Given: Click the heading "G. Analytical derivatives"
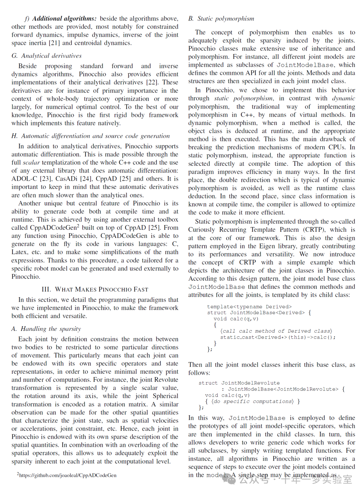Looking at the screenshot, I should [47, 56].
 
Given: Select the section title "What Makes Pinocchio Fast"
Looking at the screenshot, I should [95, 289].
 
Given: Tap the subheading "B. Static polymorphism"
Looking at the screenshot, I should [221, 19].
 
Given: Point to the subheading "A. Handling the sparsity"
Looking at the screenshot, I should [46, 329].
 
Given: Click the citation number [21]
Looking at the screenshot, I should [54, 43].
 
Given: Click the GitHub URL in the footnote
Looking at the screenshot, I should [68, 475].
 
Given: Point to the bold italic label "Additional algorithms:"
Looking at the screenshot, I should [64, 19].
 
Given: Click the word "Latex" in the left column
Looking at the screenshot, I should [19, 252].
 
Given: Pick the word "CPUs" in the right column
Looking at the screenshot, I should [336, 148].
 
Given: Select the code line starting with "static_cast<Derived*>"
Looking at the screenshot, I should [278, 337].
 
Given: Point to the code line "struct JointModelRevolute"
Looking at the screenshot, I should [239, 383].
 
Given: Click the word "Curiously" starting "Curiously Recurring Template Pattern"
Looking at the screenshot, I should [202, 230].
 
